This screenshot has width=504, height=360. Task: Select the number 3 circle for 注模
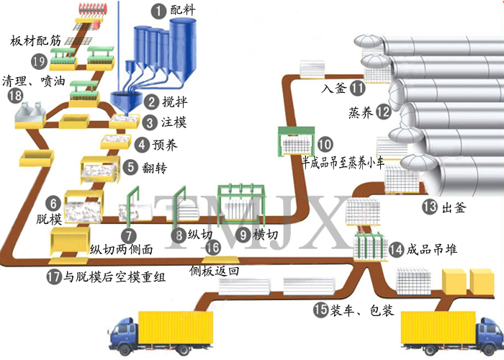click(149, 122)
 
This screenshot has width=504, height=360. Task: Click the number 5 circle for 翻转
click(130, 167)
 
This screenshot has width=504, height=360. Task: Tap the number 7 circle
click(127, 234)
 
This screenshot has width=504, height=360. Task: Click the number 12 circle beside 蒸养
click(383, 112)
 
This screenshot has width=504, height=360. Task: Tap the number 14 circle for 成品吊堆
click(396, 250)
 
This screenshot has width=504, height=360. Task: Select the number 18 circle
click(14, 96)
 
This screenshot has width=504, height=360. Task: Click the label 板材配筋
click(36, 41)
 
